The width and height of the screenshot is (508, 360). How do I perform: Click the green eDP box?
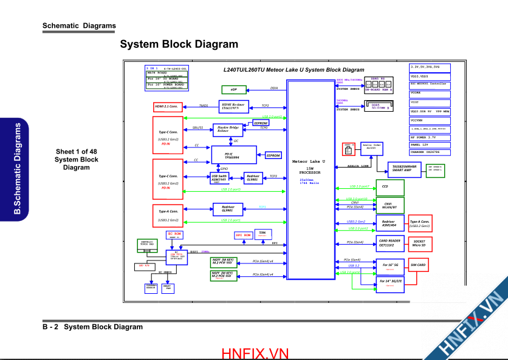pos(233,90)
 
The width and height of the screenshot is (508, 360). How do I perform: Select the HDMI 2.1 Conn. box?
pos(168,107)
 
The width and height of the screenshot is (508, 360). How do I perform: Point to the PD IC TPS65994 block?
pos(233,155)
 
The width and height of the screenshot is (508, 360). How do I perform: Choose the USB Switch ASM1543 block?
pos(219,178)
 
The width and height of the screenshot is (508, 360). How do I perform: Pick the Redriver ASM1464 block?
pos(389,224)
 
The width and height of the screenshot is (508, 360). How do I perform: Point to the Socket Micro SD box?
pos(419,243)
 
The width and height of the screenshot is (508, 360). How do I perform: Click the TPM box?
pos(263,233)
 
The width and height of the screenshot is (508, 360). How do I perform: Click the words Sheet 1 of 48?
pos(77,152)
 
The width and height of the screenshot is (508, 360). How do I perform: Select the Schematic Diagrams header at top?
pos(79,26)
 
